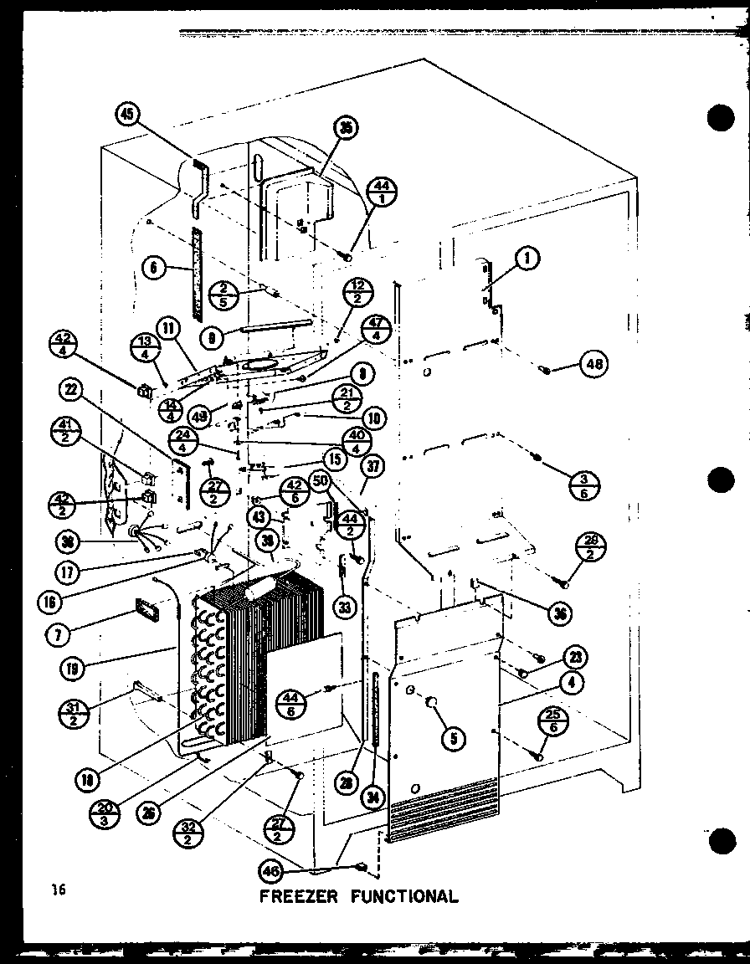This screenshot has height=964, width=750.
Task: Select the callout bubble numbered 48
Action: pyautogui.click(x=594, y=364)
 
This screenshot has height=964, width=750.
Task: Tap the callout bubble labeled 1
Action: pyautogui.click(x=527, y=260)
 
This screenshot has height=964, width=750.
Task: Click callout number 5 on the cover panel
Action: pyautogui.click(x=454, y=737)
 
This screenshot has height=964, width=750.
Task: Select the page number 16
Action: pyautogui.click(x=57, y=890)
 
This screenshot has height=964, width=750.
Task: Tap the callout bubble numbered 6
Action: pyautogui.click(x=152, y=269)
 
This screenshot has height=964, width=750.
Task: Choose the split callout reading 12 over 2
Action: pyautogui.click(x=357, y=295)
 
